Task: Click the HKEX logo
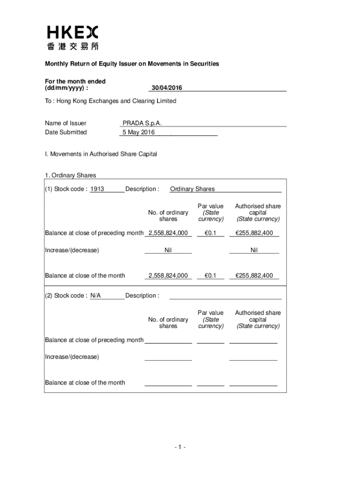pyautogui.click(x=72, y=32)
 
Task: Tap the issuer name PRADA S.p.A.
pyautogui.click(x=142, y=123)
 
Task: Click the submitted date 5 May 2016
pyautogui.click(x=138, y=132)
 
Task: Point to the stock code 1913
pyautogui.click(x=97, y=189)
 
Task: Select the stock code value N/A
pyautogui.click(x=95, y=296)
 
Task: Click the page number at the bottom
pyautogui.click(x=180, y=448)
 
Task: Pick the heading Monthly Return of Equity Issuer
pyautogui.click(x=132, y=64)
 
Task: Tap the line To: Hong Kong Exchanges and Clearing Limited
pyautogui.click(x=110, y=101)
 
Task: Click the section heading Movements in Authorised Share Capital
pyautogui.click(x=101, y=154)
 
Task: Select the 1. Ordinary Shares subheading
pyautogui.click(x=71, y=175)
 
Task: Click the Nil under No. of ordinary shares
pyautogui.click(x=168, y=250)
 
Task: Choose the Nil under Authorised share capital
pyautogui.click(x=254, y=250)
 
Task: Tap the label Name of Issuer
pyautogui.click(x=65, y=123)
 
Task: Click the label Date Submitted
pyautogui.click(x=66, y=132)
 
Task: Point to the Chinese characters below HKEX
pyautogui.click(x=72, y=46)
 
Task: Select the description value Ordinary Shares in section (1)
pyautogui.click(x=193, y=189)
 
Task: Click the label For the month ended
pyautogui.click(x=75, y=81)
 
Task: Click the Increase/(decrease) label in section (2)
pyautogui.click(x=72, y=357)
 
